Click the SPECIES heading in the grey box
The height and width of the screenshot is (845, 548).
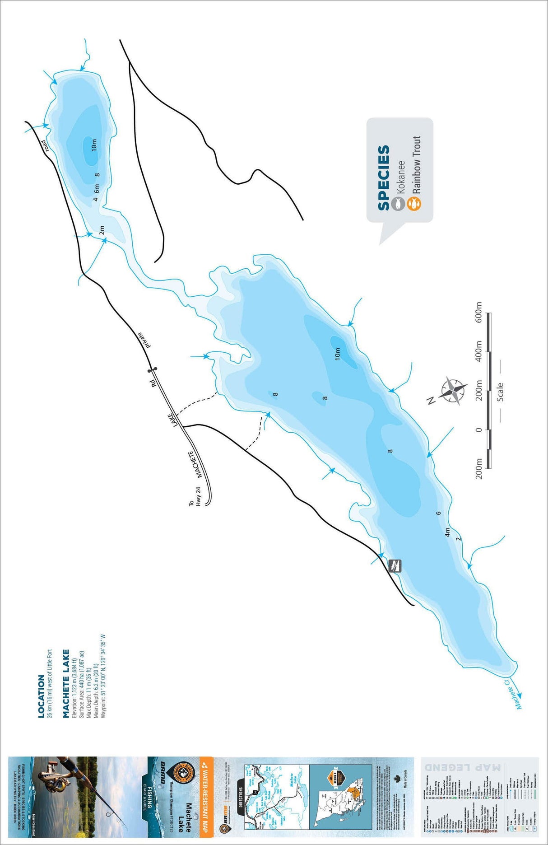tap(384, 177)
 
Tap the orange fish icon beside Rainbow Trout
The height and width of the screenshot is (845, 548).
tap(413, 204)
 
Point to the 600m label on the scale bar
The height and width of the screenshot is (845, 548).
tap(479, 312)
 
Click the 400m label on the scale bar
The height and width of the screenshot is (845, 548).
tap(479, 351)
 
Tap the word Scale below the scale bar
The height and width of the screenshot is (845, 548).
tap(500, 392)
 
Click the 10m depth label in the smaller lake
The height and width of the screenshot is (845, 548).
tap(94, 145)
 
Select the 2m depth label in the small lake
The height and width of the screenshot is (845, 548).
tap(102, 230)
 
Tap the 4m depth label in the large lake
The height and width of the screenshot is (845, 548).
tap(447, 532)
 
